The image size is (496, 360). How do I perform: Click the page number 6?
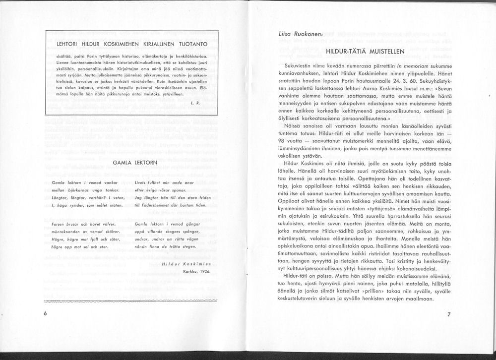[45, 314]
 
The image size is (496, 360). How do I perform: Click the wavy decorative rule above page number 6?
[131, 301]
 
